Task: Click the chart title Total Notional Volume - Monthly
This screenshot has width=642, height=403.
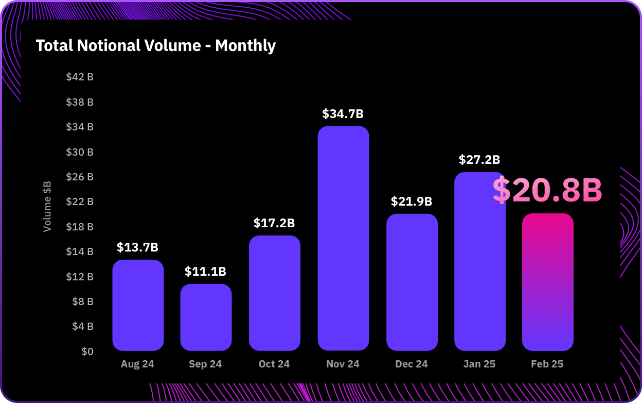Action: (156, 46)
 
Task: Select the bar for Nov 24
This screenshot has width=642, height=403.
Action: (343, 238)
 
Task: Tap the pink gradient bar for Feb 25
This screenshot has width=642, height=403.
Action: (547, 282)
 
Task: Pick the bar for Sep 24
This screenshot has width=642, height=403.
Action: (206, 317)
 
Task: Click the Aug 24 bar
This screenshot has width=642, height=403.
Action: (138, 305)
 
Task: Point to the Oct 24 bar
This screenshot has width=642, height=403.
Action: (274, 293)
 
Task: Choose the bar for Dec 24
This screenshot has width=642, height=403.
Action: (412, 282)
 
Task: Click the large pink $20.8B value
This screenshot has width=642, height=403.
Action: (547, 190)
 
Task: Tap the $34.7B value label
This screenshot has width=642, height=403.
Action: (343, 114)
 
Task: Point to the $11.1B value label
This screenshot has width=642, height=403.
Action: (205, 272)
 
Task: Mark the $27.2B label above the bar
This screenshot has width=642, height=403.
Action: (479, 160)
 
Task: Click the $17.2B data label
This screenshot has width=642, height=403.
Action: (274, 223)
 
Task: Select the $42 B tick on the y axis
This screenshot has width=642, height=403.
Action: (80, 77)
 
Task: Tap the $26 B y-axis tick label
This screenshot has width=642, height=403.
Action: (80, 177)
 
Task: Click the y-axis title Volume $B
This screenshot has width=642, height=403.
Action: (47, 206)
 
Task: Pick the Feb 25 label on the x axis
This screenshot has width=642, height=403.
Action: (547, 364)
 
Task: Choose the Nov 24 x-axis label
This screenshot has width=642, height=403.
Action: (343, 364)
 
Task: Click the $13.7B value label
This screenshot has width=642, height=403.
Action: (137, 247)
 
